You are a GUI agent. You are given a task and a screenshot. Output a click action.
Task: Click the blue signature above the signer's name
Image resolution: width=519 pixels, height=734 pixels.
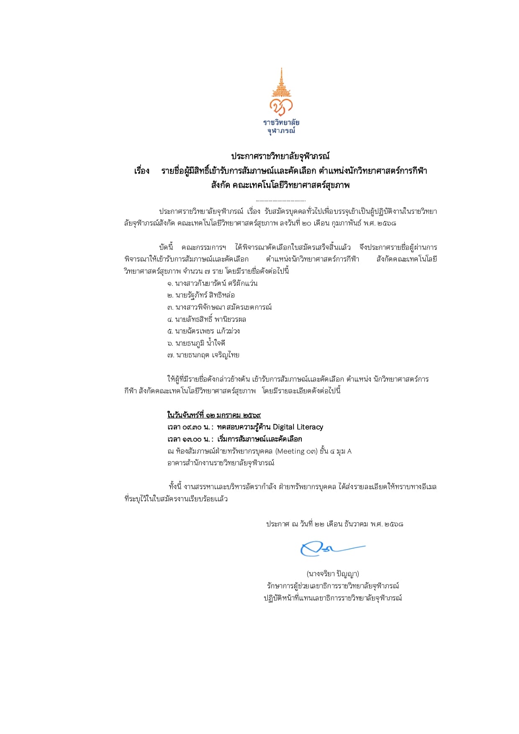click(x=332, y=549)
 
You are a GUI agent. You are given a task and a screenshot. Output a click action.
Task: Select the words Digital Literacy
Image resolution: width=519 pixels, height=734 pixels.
click(x=298, y=427)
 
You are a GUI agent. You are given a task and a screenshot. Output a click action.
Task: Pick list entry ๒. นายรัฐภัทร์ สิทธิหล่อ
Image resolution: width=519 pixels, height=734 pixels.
click(x=201, y=295)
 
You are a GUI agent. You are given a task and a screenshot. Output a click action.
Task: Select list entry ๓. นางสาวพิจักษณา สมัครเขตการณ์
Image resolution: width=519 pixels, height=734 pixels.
click(x=219, y=307)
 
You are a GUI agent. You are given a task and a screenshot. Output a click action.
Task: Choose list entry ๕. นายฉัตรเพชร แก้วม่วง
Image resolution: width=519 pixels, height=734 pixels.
click(x=203, y=331)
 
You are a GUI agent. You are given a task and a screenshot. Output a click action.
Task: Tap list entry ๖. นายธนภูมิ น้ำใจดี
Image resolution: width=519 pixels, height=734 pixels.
click(x=196, y=343)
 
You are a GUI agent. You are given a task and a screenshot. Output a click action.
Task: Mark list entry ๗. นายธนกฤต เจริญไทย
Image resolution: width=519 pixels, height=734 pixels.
click(x=203, y=355)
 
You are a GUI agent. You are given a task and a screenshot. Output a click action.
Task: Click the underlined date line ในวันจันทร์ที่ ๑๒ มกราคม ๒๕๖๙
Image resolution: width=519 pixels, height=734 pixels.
click(x=214, y=415)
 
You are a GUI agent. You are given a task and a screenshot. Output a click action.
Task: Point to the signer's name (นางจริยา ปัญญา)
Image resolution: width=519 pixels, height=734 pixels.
click(x=333, y=574)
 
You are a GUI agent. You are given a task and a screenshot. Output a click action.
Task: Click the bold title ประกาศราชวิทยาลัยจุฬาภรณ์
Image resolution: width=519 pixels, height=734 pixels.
click(x=280, y=157)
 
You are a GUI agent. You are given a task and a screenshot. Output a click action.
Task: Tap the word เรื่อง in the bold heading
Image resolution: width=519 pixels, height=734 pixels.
click(x=142, y=171)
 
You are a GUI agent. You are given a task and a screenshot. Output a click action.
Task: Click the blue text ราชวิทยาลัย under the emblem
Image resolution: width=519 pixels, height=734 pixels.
click(x=281, y=123)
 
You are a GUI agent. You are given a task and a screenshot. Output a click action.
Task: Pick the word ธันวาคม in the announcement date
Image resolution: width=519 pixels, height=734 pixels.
click(x=356, y=524)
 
